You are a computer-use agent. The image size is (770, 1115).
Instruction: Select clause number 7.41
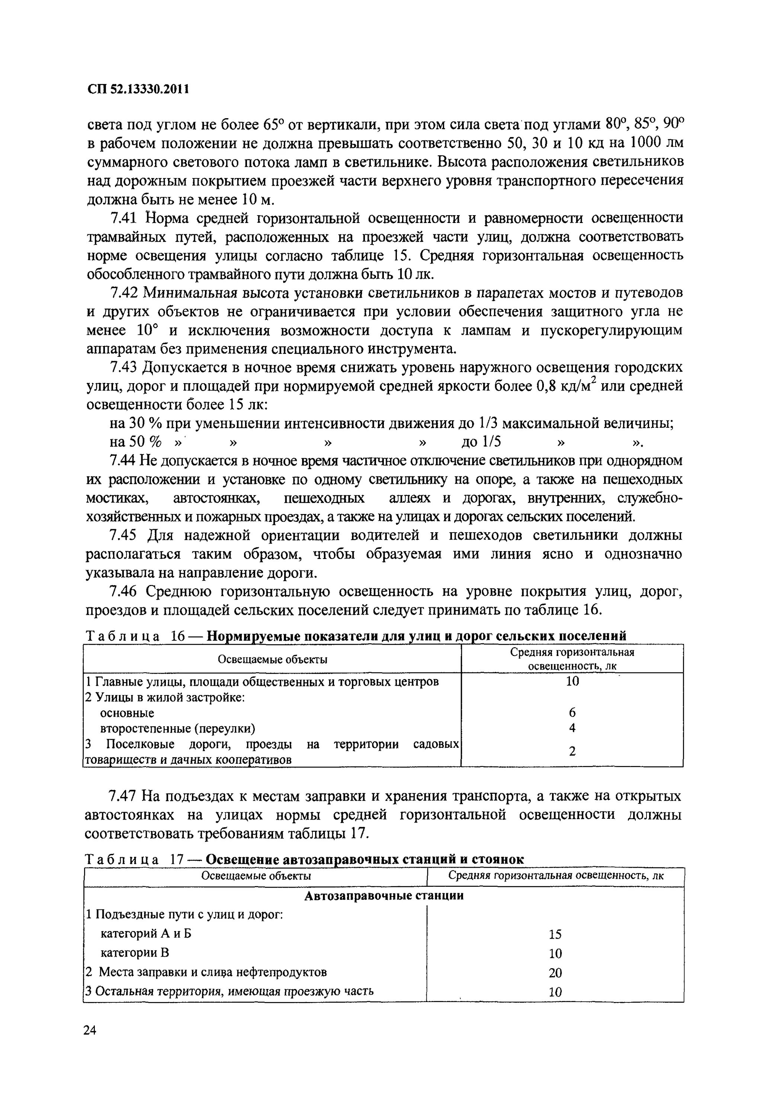[x=124, y=219]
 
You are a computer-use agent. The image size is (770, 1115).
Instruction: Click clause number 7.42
[x=124, y=294]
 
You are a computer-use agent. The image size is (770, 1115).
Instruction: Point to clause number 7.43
[x=124, y=368]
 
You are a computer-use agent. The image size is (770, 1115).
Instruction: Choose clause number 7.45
[x=124, y=536]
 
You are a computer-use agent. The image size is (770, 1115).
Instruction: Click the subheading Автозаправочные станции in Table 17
[x=384, y=896]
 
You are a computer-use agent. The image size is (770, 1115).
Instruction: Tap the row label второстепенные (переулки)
[x=177, y=728]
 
